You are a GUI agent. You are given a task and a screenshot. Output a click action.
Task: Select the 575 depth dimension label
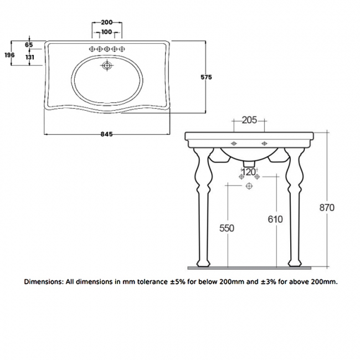207,78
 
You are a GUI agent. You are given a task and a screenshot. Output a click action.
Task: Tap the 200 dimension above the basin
107,23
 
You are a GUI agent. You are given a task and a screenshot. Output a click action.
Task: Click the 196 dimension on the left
9,54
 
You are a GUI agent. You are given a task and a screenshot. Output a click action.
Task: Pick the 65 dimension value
29,44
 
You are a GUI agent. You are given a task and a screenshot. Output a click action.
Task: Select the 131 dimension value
29,57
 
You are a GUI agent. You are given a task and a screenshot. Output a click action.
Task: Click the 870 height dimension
327,207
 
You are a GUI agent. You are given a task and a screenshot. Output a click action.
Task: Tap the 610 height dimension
275,219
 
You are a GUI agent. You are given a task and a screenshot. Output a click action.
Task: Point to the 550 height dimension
227,228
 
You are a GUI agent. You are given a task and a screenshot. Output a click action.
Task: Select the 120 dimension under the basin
249,172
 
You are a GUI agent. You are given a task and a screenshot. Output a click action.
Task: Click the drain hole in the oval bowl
107,66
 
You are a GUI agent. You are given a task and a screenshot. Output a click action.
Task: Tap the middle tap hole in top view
107,49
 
